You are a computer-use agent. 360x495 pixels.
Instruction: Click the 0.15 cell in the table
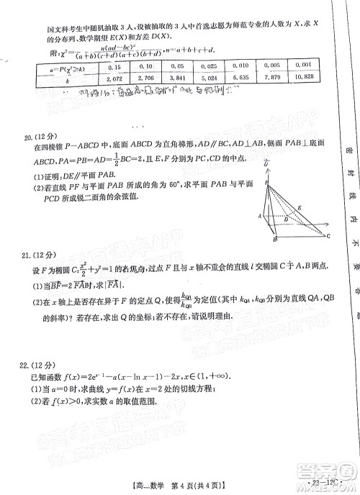pos(113,65)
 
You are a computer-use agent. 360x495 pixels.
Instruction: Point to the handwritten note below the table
pos(122,92)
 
